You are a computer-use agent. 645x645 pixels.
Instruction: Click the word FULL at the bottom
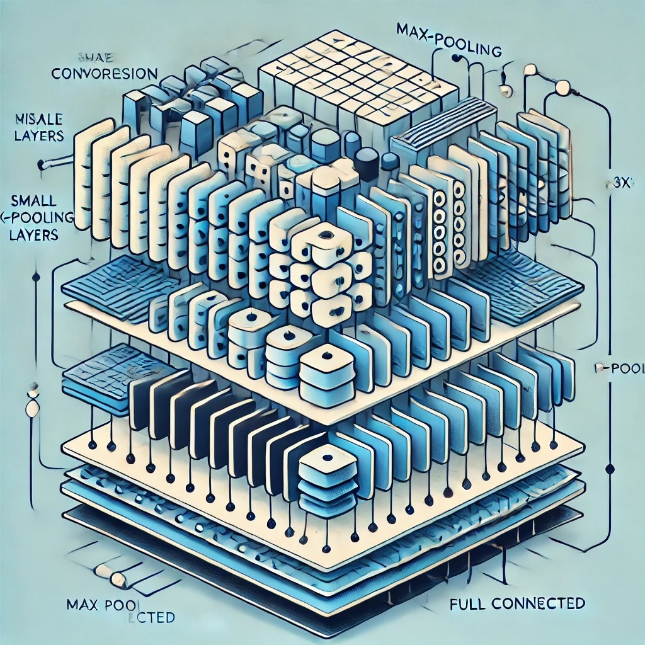click(469, 603)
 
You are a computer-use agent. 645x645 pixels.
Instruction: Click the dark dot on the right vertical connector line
click(609, 469)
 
